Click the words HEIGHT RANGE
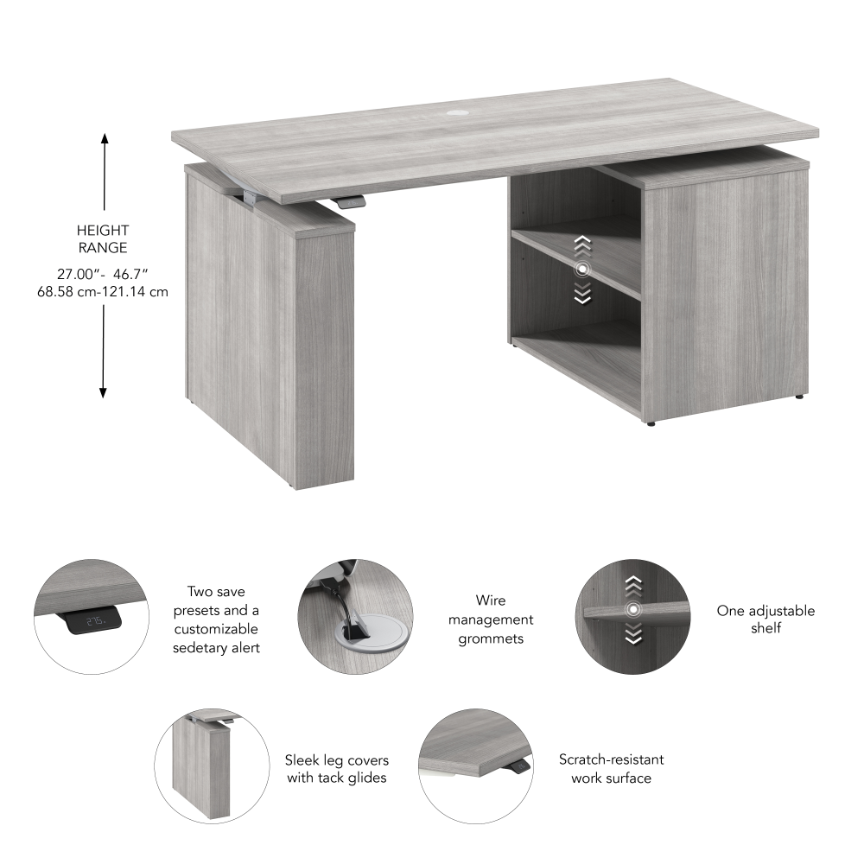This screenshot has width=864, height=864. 103,238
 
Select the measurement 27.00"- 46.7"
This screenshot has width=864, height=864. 103,274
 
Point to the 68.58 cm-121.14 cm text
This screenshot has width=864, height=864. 103,292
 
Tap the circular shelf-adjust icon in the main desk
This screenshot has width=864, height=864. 582,270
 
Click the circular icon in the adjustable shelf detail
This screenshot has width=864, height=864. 634,611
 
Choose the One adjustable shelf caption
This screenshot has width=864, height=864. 766,619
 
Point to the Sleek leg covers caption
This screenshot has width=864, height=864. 337,769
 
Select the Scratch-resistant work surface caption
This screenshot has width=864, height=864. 611,769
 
